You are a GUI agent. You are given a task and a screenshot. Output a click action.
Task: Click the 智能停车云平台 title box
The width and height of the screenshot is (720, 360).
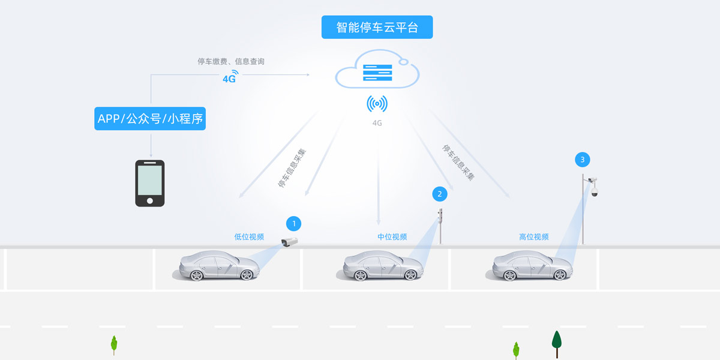[x=377, y=27]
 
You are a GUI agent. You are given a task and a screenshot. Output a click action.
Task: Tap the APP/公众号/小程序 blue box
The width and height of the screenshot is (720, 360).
[x=150, y=119]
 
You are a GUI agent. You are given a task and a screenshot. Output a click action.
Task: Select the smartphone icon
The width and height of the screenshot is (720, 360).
[x=149, y=183]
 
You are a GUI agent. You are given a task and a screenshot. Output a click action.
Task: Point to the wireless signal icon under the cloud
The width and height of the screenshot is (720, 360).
[x=377, y=104]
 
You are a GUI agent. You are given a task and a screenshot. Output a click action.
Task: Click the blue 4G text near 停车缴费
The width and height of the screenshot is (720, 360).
[x=229, y=78]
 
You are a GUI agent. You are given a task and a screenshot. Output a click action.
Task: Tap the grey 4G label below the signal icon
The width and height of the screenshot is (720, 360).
[x=377, y=123]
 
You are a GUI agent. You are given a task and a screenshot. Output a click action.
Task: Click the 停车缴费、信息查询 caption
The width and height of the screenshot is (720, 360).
[x=231, y=61]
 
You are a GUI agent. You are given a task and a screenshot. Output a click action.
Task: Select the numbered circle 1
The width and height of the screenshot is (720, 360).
[x=293, y=224]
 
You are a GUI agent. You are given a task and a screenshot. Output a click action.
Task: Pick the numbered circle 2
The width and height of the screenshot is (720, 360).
[x=440, y=194]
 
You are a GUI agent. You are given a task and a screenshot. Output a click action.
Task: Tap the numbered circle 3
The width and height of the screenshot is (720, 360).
[x=581, y=160]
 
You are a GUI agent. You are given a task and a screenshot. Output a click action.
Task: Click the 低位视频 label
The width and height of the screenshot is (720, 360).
[x=249, y=237]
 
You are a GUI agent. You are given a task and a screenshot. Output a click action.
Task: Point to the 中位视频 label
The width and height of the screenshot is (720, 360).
[x=392, y=237]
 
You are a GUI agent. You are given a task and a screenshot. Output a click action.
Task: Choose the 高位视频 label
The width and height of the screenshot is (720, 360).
[x=533, y=237]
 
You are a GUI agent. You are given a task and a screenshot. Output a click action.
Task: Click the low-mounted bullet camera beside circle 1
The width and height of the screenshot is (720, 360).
[x=290, y=241]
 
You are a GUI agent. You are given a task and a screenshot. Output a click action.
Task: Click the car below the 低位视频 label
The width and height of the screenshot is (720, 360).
[x=220, y=265]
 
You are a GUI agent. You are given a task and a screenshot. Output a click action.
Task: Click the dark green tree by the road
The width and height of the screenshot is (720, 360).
[x=556, y=341]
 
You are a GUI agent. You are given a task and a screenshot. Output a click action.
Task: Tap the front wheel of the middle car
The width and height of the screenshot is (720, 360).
[x=410, y=275]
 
